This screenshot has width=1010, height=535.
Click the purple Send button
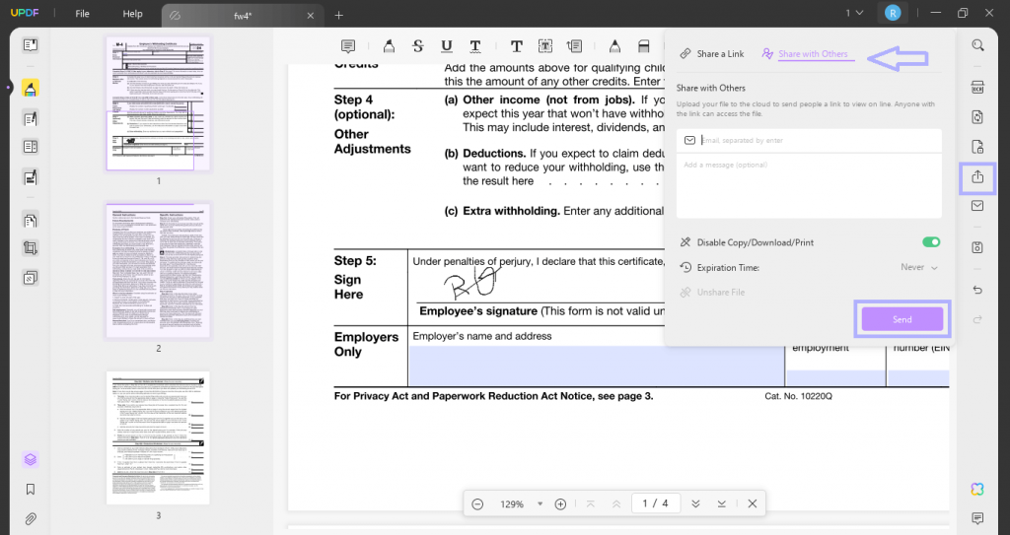click(x=902, y=319)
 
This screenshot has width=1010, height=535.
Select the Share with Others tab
click(x=812, y=54)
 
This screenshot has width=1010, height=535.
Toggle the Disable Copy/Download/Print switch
click(x=930, y=242)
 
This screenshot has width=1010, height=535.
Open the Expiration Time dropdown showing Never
click(x=918, y=267)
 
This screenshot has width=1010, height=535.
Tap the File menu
click(x=83, y=14)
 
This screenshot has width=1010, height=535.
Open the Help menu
click(x=132, y=14)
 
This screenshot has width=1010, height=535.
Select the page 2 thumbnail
click(x=158, y=271)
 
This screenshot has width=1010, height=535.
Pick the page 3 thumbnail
click(x=158, y=438)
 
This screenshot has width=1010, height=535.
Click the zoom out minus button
click(x=477, y=503)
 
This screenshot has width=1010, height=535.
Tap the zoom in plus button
click(x=560, y=503)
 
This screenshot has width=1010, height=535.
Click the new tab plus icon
click(x=339, y=15)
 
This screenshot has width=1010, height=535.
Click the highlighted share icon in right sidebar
click(x=977, y=177)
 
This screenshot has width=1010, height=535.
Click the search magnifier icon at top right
click(x=977, y=45)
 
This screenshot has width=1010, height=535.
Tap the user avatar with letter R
click(x=893, y=13)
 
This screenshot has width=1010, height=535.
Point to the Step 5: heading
click(x=355, y=261)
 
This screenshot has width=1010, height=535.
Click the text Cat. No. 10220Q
click(x=799, y=396)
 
